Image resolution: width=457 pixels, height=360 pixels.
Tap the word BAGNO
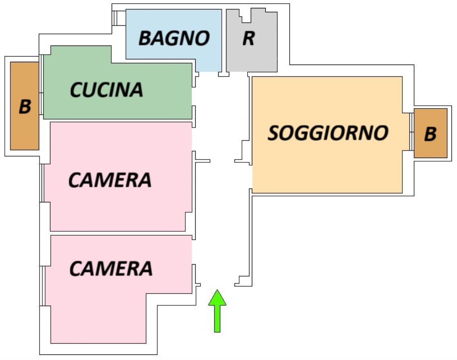[174, 38]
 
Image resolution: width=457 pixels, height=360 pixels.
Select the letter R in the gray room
[248, 38]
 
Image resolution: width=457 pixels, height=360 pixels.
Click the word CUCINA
[107, 90]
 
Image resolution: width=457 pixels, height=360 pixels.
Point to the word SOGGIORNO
[328, 133]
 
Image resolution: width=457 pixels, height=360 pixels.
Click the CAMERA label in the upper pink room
[110, 180]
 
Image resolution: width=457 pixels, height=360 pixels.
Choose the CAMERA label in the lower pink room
[111, 269]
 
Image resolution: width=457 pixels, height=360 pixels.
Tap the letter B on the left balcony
[25, 107]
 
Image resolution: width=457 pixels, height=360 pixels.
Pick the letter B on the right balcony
[430, 134]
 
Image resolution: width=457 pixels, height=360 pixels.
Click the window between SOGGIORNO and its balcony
[411, 132]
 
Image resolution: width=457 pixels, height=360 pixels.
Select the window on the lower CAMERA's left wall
[42, 285]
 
